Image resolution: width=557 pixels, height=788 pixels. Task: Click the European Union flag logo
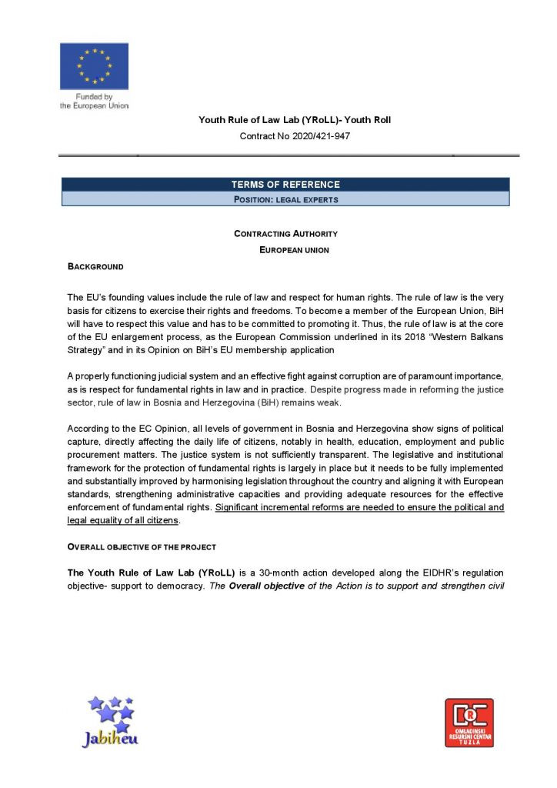[94, 66]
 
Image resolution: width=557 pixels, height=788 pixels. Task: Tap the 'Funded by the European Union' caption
[94, 102]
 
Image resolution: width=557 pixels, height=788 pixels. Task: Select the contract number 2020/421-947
[295, 137]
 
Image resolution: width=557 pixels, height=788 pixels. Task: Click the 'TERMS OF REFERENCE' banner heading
[285, 185]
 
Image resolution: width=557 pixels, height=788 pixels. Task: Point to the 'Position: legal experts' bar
[285, 199]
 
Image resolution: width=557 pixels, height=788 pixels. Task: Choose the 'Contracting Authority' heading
[285, 234]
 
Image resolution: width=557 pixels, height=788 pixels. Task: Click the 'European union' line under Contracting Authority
[294, 250]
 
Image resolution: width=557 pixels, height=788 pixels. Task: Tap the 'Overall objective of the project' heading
[142, 547]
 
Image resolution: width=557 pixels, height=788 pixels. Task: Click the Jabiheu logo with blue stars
[110, 721]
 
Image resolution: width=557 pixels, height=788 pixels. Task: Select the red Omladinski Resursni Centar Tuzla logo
[469, 723]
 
